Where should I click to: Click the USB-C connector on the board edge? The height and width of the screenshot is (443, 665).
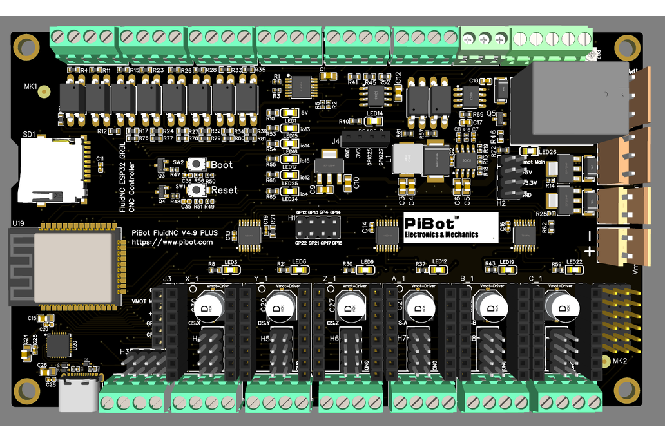[79, 393]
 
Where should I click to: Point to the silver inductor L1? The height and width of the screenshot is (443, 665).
[407, 158]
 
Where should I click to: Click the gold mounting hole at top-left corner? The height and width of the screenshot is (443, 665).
[27, 46]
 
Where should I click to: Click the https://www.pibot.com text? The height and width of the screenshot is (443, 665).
[172, 243]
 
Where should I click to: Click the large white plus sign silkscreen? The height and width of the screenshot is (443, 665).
[588, 252]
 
